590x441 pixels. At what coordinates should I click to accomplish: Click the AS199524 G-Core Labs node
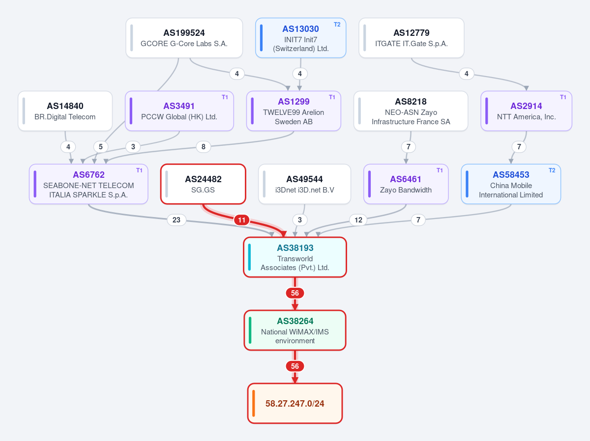184,38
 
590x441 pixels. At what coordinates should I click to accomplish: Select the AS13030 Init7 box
300,38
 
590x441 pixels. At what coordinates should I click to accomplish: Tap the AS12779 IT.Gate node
411,38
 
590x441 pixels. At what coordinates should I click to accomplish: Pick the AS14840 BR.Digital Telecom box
65,111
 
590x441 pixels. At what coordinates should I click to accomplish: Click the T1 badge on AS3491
225,97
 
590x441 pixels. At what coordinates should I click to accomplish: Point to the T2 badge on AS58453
552,170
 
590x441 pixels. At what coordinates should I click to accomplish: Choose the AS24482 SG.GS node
203,184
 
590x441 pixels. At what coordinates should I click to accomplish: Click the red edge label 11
241,220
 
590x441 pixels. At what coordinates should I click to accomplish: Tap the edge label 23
177,220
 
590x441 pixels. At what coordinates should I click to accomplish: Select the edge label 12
358,220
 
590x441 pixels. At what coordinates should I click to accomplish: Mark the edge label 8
203,147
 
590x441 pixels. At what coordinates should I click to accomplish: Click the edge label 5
101,147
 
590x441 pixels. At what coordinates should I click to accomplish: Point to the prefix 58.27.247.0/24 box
295,403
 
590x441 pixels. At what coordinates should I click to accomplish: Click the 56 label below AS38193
295,293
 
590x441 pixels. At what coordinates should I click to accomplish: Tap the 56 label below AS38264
295,366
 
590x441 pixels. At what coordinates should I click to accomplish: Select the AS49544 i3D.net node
304,184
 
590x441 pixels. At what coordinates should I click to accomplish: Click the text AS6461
406,179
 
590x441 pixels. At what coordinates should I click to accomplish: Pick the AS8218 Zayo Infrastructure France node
411,111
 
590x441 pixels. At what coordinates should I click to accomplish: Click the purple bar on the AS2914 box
487,111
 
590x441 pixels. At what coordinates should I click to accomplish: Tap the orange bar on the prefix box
254,403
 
